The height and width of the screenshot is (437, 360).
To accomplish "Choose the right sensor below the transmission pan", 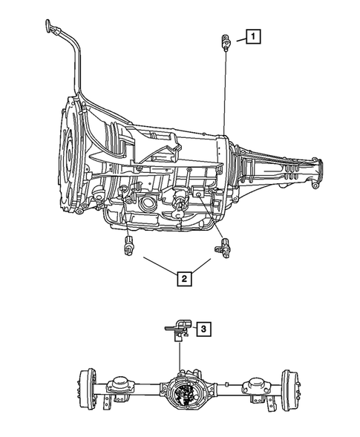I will (x=223, y=248).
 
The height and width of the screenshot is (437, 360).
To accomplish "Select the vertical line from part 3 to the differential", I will (x=179, y=352).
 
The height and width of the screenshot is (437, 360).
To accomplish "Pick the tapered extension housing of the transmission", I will (x=275, y=167).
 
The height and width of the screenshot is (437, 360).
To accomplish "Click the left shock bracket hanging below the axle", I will (x=110, y=404).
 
